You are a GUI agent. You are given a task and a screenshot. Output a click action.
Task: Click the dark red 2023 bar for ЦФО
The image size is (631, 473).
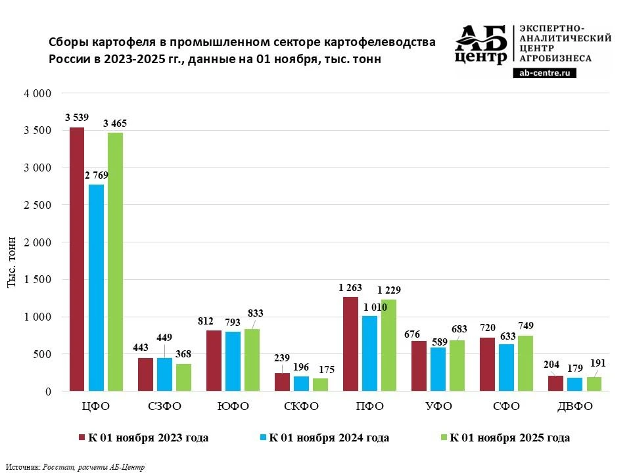click(x=77, y=259)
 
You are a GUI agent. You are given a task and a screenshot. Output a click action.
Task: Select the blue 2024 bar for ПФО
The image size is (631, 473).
click(x=369, y=353)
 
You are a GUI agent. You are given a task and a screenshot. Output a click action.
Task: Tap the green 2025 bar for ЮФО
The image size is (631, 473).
click(x=252, y=360)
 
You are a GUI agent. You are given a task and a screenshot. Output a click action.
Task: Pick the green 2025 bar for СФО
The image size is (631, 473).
click(x=525, y=363)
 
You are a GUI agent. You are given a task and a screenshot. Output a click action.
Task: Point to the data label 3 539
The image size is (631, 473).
click(x=77, y=118)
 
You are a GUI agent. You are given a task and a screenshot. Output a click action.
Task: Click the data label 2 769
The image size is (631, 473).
click(x=96, y=175)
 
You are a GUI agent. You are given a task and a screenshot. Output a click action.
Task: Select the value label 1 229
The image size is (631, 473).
click(x=388, y=290)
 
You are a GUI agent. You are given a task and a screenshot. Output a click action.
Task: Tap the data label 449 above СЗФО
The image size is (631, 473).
click(x=165, y=338)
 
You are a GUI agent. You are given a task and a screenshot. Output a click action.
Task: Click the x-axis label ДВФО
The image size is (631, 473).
click(x=574, y=407)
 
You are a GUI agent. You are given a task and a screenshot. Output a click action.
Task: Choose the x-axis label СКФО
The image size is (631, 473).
click(x=301, y=407)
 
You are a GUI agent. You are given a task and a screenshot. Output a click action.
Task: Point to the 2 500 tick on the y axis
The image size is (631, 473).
click(x=37, y=205)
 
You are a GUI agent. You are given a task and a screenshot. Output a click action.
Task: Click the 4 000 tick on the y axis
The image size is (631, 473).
click(x=37, y=93)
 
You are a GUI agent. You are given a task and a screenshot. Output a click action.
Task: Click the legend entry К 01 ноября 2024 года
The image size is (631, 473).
click(x=329, y=438)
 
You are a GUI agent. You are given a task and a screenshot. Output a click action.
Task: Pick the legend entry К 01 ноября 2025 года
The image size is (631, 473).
click(x=509, y=438)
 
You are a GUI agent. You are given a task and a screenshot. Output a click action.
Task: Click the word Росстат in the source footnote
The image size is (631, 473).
click(x=57, y=467)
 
